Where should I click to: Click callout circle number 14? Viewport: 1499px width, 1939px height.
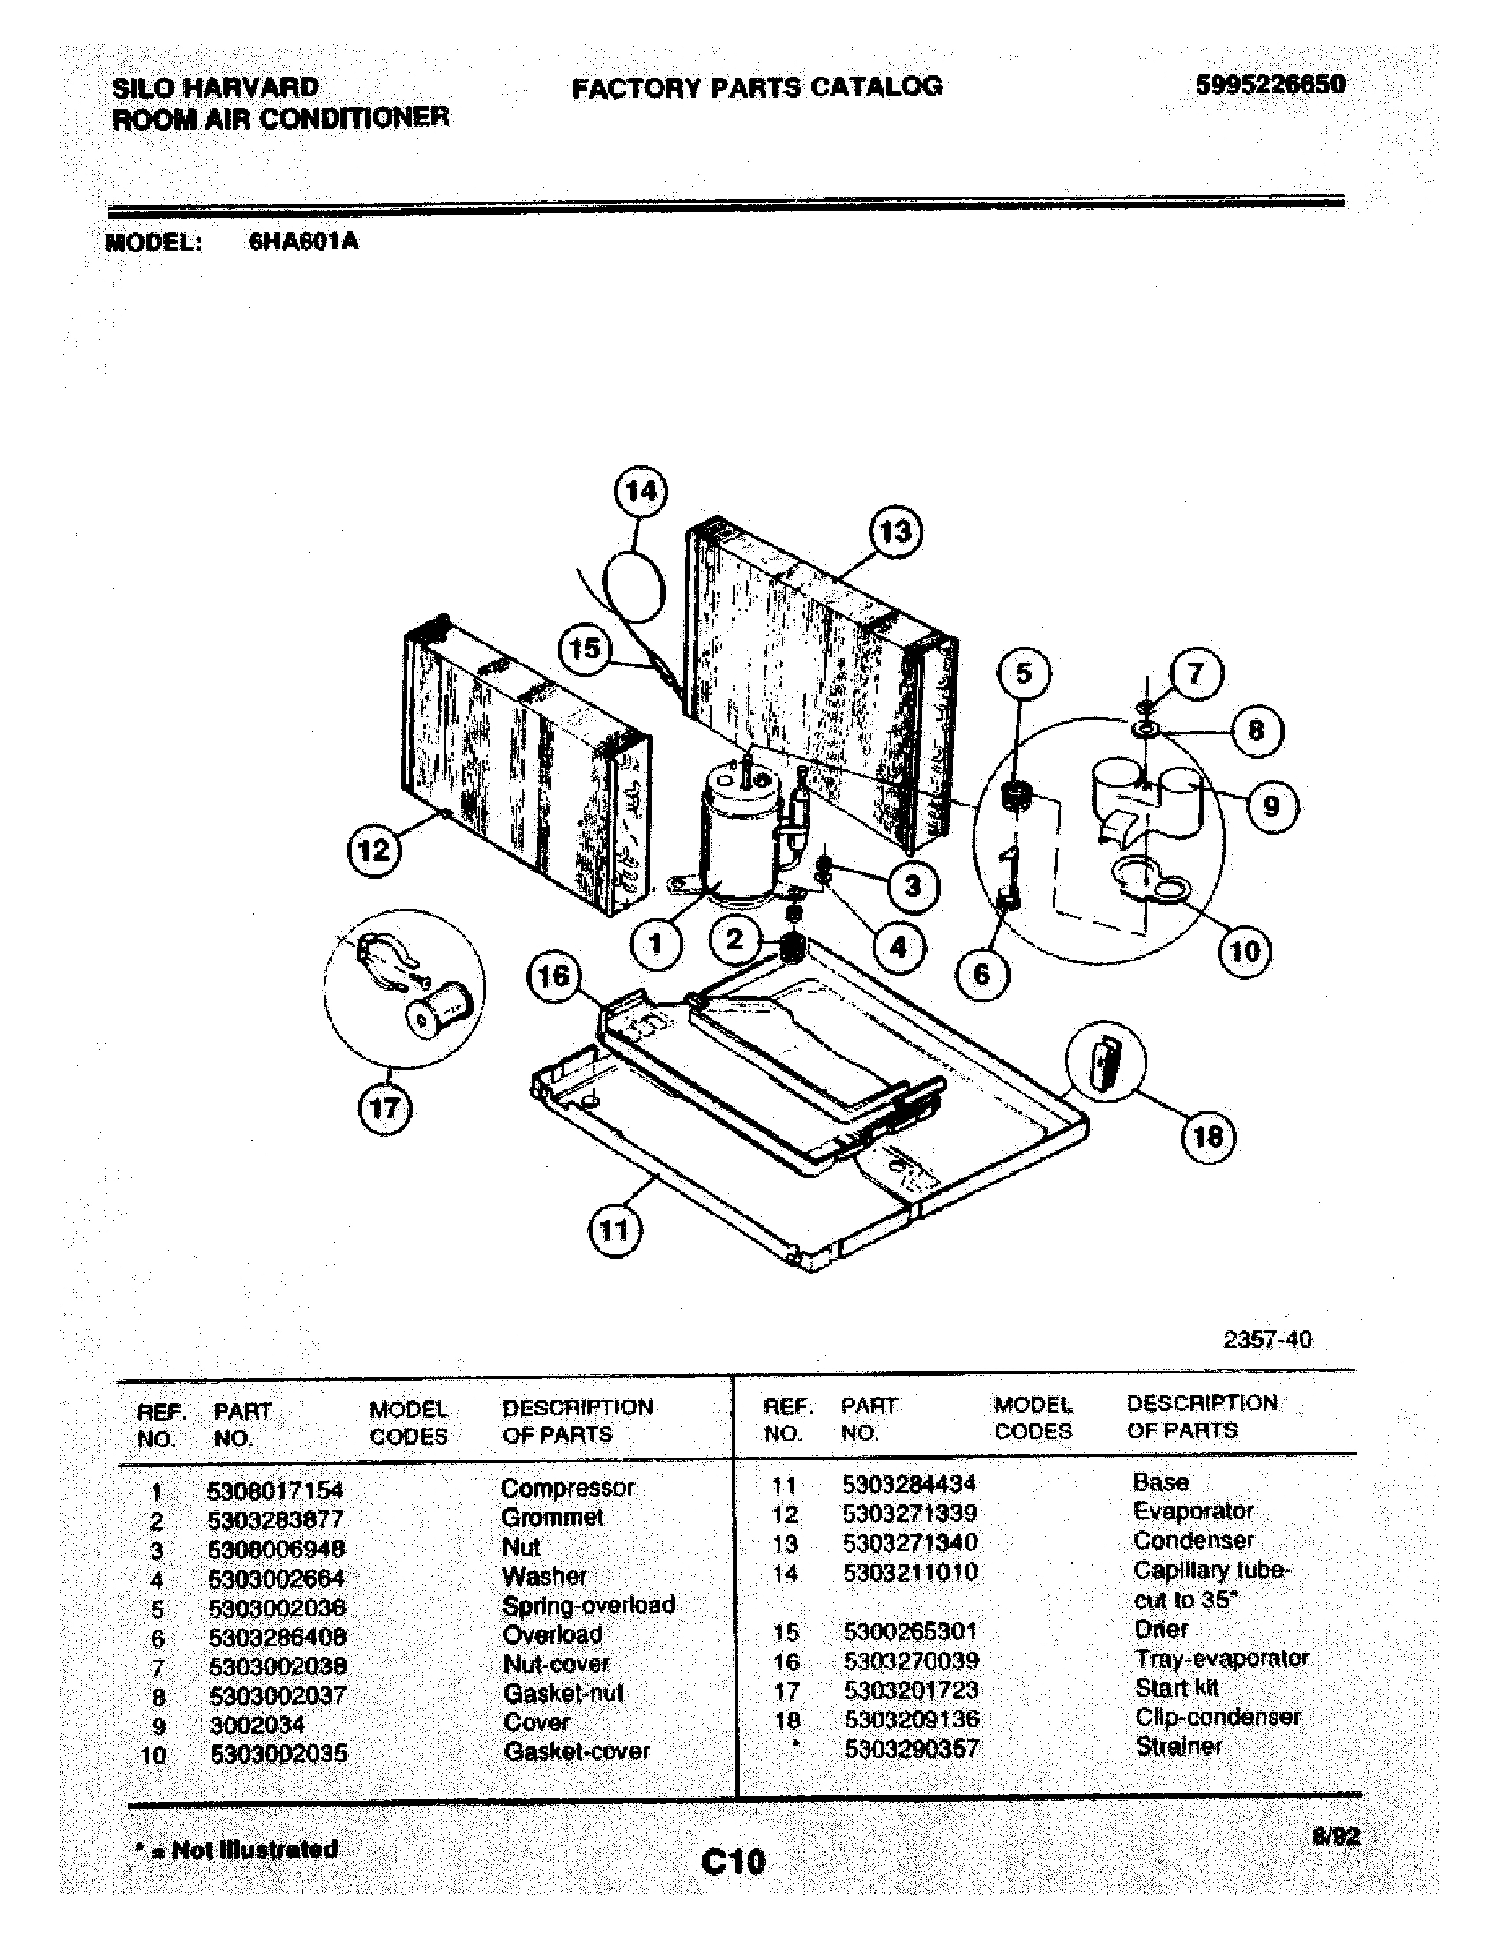click(641, 491)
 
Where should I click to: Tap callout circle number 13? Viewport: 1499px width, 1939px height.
click(894, 531)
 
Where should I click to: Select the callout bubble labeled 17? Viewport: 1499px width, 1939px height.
click(384, 1108)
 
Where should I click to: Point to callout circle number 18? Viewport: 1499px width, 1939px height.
click(1208, 1135)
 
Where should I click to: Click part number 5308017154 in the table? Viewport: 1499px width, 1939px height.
click(274, 1490)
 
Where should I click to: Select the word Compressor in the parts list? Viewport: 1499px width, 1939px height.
click(568, 1488)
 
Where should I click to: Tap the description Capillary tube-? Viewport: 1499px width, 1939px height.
click(1211, 1571)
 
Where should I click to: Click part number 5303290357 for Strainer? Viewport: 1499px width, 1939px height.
click(912, 1748)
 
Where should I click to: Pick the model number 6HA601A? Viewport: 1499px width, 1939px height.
click(303, 241)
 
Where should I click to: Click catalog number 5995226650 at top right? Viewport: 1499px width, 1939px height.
click(1270, 85)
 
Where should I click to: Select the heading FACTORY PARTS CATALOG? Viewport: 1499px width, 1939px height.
click(757, 87)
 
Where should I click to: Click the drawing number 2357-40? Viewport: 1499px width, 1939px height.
click(1267, 1339)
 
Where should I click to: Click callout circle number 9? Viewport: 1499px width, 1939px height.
click(1271, 806)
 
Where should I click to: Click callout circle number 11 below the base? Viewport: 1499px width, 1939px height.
click(615, 1230)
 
